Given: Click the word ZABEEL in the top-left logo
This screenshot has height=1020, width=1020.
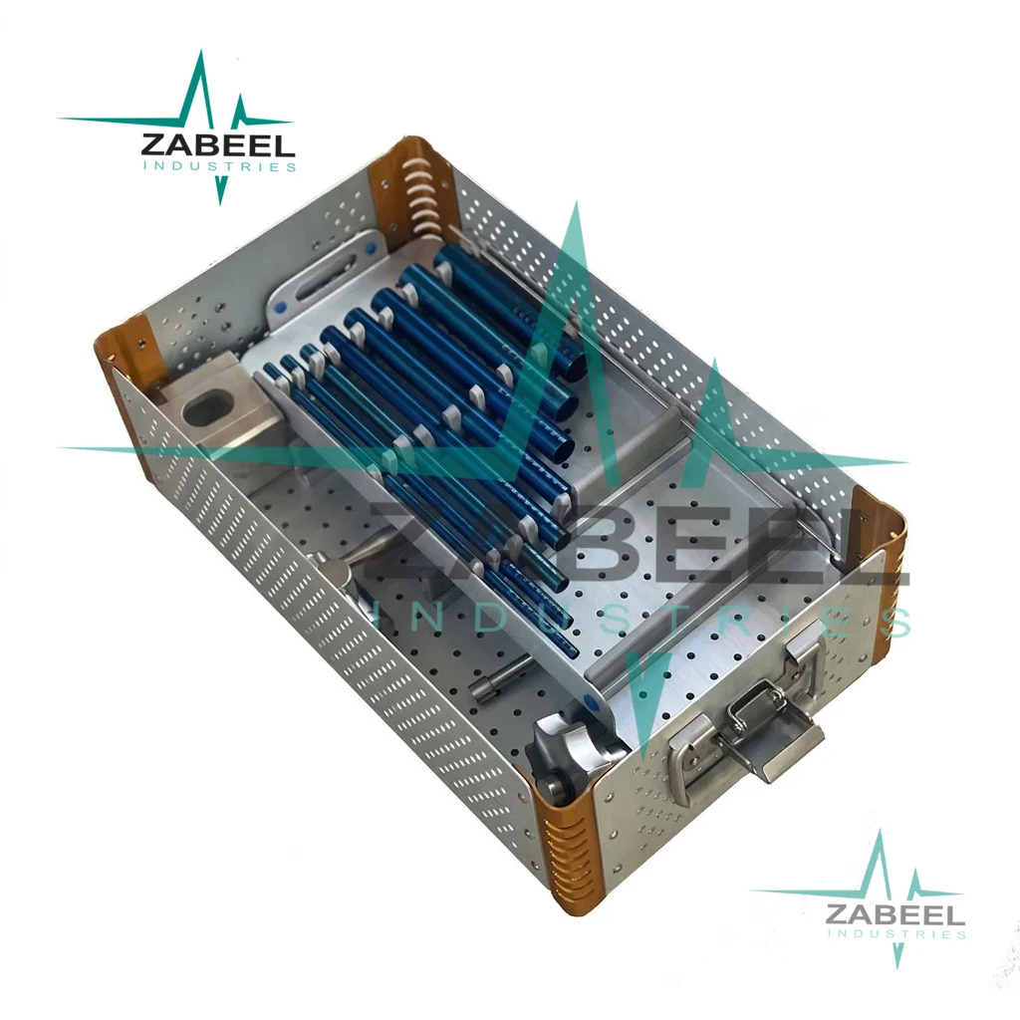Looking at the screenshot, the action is (x=218, y=144).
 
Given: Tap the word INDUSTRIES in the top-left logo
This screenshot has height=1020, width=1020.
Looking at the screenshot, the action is (x=219, y=166).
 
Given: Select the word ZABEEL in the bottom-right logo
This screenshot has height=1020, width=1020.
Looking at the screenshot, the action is (x=895, y=914).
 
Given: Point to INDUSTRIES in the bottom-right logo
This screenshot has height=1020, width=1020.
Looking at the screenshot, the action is (x=896, y=934).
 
